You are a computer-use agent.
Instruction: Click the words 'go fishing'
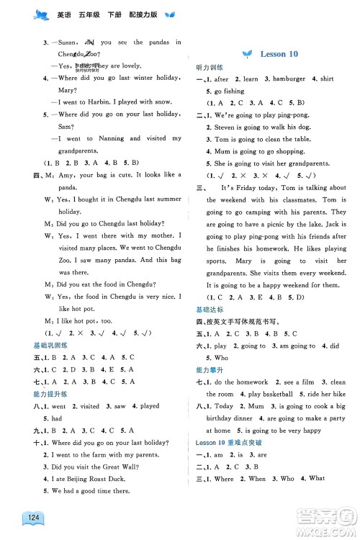pyautogui.click(x=230, y=91)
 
